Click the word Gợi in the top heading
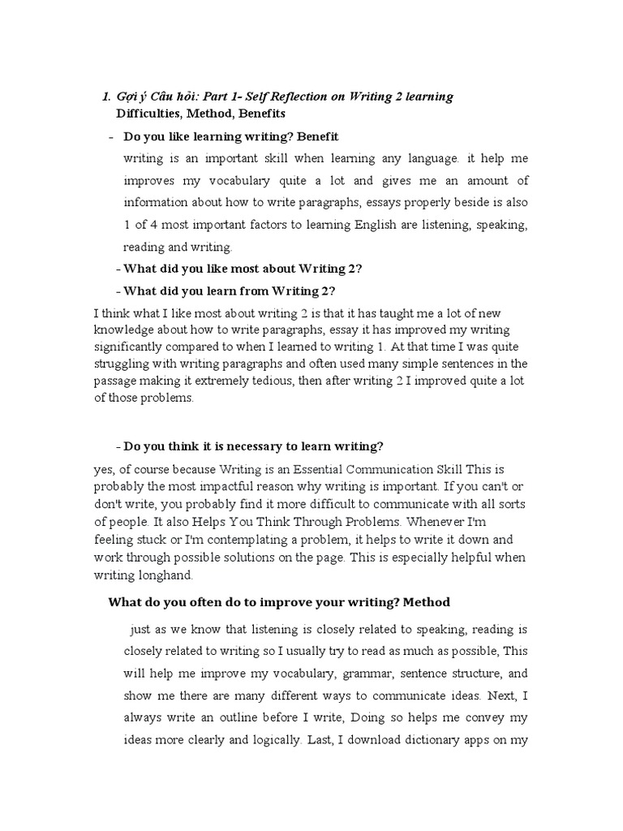(125, 97)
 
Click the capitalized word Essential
(301, 471)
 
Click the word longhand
(167, 574)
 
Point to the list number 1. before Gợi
(106, 97)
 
